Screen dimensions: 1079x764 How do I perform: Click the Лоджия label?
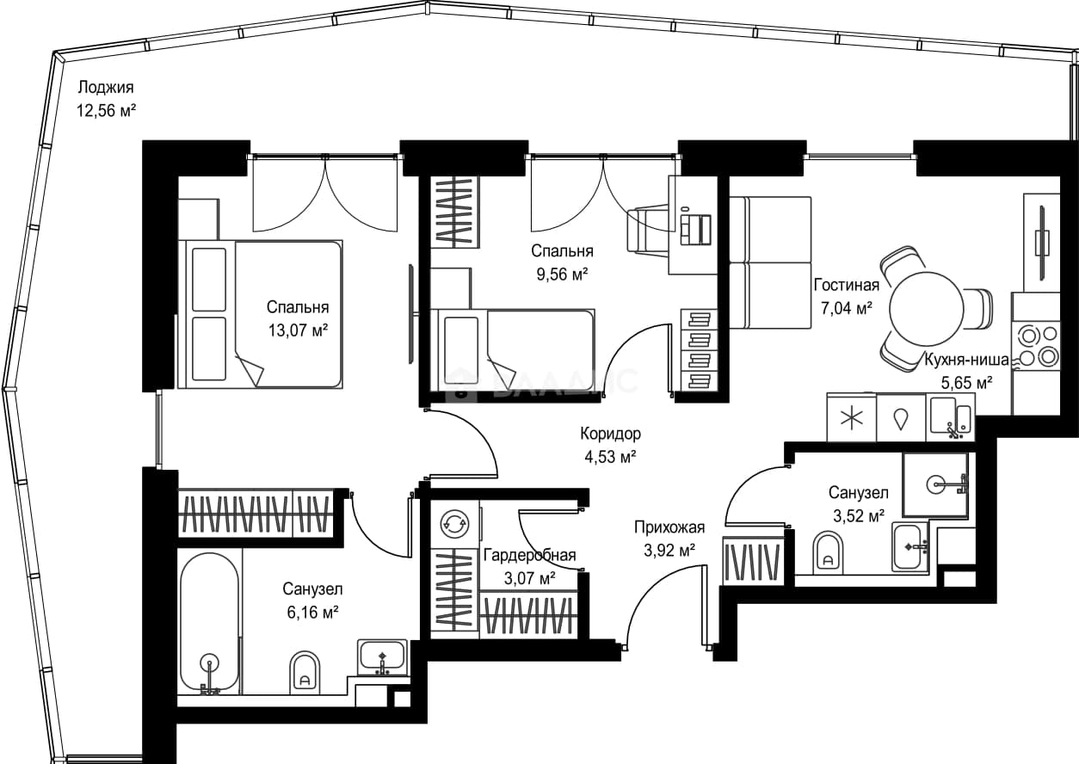click(x=106, y=87)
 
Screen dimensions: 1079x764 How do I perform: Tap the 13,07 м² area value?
click(x=299, y=330)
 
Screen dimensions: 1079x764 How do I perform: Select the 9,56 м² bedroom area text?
click(x=562, y=274)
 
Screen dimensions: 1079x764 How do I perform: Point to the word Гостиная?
click(x=847, y=285)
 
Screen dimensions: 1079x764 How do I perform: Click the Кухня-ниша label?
click(x=966, y=360)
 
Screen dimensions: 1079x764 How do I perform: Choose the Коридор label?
click(x=610, y=434)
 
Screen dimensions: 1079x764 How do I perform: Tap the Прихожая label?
click(x=669, y=527)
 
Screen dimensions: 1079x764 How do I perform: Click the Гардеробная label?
click(x=529, y=555)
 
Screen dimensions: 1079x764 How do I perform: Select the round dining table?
click(x=927, y=310)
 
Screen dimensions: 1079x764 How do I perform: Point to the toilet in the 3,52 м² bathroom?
click(x=828, y=553)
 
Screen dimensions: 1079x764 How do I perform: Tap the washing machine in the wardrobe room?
click(x=454, y=524)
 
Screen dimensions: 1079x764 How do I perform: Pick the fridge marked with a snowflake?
click(x=851, y=418)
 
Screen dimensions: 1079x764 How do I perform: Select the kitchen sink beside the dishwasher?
click(x=951, y=417)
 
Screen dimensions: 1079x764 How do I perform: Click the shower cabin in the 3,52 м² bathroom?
click(x=935, y=485)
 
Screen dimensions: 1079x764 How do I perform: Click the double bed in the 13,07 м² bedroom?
click(x=260, y=314)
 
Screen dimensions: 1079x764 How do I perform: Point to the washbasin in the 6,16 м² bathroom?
click(x=382, y=658)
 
